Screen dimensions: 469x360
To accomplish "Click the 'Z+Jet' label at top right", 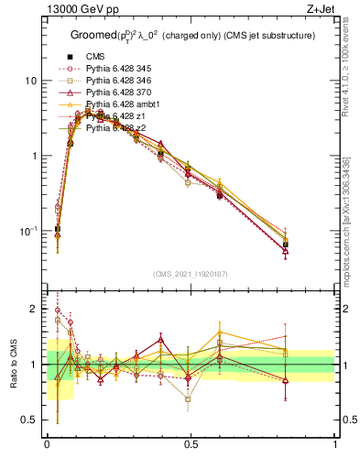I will [x=321, y=10].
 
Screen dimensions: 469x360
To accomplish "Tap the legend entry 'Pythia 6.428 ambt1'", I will [x=125, y=104].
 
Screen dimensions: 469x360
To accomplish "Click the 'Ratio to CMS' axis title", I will [x=12, y=365].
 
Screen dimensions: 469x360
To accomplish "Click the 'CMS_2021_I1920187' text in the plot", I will [x=191, y=274].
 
